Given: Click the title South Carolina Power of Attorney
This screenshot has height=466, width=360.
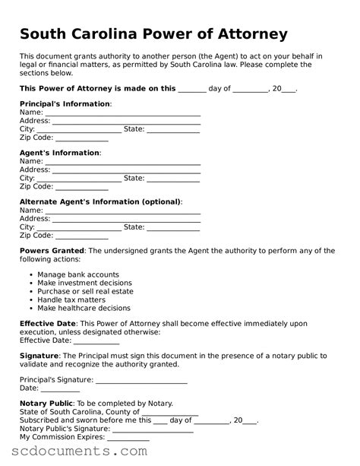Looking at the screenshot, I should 153,34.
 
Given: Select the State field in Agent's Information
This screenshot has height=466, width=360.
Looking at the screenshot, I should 173,179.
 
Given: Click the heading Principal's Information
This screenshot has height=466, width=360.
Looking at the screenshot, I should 65,103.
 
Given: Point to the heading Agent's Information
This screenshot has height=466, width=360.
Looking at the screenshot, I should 59,153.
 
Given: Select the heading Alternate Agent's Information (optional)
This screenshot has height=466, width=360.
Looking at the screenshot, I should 99,201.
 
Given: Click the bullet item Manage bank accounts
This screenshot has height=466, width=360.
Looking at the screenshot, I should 78,274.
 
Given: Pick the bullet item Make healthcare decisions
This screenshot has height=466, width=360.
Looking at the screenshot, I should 84,308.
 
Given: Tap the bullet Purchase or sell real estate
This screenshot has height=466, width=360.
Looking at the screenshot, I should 85,291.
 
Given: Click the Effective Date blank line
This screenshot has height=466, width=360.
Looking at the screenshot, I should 95,341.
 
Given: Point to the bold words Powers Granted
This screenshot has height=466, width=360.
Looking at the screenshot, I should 52,250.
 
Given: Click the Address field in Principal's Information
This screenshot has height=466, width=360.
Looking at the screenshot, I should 126,121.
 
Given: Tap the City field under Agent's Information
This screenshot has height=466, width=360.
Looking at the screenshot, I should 79,179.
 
